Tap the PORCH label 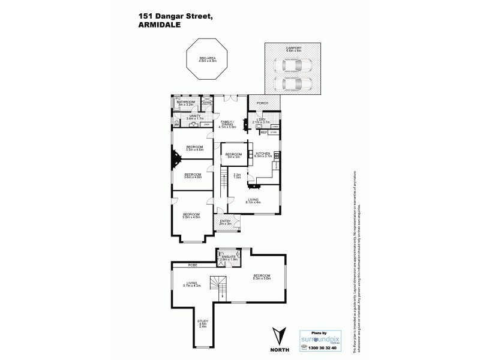262,103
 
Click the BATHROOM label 184,103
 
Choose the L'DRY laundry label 261,120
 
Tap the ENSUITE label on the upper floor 227,257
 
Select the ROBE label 193,265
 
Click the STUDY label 203,323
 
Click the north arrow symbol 276,332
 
